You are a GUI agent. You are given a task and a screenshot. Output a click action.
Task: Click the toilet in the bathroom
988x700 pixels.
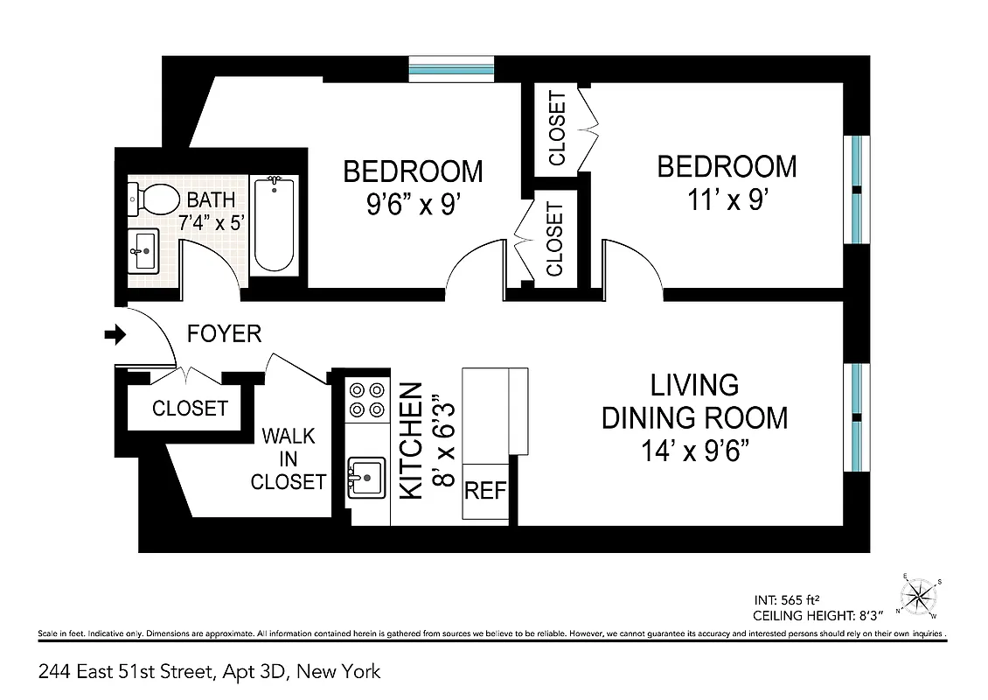pos(153,200)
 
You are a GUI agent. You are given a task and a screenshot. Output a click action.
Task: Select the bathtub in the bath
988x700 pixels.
pos(274,226)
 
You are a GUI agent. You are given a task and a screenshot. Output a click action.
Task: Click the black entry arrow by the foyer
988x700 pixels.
pos(115,334)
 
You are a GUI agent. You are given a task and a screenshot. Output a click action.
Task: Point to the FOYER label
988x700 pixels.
pos(225,334)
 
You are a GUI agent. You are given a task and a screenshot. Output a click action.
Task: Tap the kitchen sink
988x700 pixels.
pos(367,478)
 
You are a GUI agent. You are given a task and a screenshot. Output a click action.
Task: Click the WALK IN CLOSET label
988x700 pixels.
pos(289,458)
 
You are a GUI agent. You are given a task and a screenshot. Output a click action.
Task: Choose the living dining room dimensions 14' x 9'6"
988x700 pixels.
pos(694,453)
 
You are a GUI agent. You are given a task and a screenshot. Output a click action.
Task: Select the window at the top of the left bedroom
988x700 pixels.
pos(451,68)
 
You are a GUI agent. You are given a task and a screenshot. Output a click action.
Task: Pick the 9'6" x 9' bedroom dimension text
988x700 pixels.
pos(413,206)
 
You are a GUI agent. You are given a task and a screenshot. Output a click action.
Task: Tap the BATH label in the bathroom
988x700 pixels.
pos(211,199)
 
